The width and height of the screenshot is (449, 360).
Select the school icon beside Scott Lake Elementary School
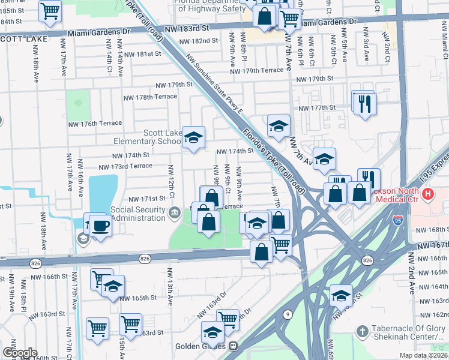(193, 138)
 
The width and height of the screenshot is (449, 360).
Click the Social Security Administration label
(130, 214)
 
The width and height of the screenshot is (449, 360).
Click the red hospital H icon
(427, 194)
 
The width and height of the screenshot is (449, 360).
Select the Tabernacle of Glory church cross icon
(362, 331)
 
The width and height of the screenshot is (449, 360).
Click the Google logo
(19, 353)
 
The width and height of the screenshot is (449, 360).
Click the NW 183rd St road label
(188, 28)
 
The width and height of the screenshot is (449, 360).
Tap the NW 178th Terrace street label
(150, 97)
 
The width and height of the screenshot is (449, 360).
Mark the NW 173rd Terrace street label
(125, 166)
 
